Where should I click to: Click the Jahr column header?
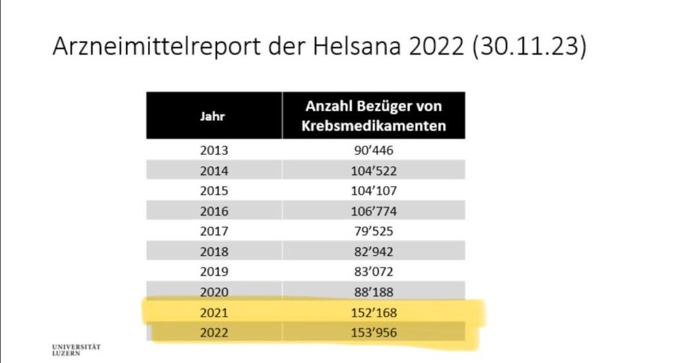point(213,116)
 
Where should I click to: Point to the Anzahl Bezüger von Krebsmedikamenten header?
point(374,115)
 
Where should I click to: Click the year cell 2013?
point(214,150)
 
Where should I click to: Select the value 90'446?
point(374,150)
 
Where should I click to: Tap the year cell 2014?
point(214,171)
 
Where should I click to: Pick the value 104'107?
point(374,191)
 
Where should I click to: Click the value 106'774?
point(374,212)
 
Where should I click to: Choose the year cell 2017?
point(214,232)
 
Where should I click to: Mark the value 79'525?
point(374,232)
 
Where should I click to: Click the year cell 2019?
point(214,272)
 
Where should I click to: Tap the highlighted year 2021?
point(214,312)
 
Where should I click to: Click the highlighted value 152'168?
point(374,312)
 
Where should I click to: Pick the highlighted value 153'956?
point(374,333)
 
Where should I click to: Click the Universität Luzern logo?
point(76,350)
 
